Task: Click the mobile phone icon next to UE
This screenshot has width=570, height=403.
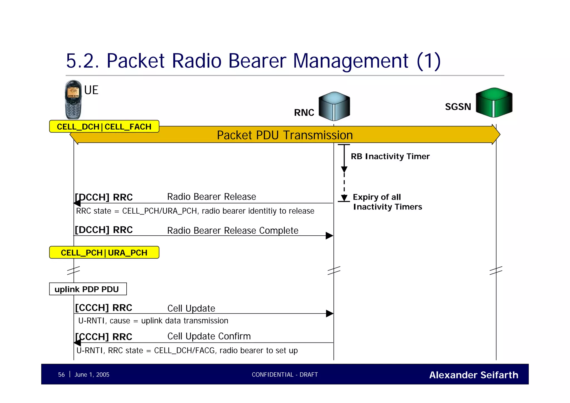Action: coord(73,100)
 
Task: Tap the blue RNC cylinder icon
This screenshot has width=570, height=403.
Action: coord(334,106)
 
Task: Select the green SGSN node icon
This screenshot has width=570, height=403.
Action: coord(494,103)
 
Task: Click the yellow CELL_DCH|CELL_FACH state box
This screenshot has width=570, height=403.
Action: coord(104,126)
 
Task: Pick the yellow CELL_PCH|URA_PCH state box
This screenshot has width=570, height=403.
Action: coord(104,253)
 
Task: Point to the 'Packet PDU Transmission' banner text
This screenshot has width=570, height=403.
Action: coord(285,135)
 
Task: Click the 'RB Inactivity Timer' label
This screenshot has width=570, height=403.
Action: coord(390,156)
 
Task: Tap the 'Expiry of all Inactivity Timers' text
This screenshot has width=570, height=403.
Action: coord(387,202)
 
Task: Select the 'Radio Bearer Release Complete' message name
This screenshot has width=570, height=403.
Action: coord(233,231)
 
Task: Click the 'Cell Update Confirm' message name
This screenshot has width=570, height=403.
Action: coord(209,336)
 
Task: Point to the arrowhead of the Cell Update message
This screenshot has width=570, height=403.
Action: coord(330,314)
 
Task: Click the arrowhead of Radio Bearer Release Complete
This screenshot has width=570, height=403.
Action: coord(329,236)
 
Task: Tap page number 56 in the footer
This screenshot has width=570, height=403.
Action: coord(61,375)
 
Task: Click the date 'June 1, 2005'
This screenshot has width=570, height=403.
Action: coord(92,375)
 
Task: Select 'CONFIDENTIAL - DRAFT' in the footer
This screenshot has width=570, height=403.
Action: coord(285,375)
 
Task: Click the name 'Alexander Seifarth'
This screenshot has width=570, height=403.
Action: coord(473,375)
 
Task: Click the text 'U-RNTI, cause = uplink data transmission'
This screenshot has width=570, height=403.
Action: coord(153,321)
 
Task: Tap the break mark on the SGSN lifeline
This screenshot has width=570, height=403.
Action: coord(496,270)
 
